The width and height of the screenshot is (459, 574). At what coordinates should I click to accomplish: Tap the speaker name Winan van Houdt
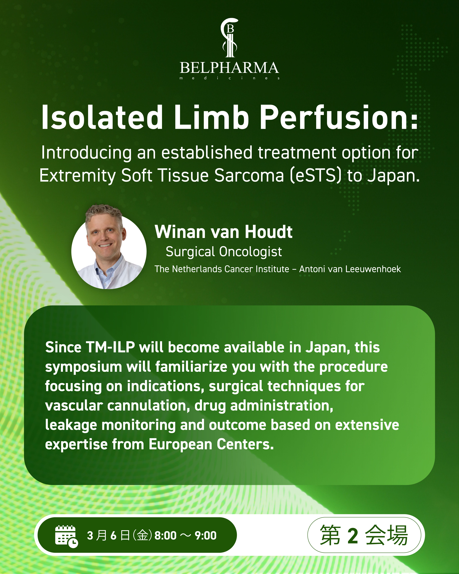point(223,232)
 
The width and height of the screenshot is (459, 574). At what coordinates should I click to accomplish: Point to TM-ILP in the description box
point(110,348)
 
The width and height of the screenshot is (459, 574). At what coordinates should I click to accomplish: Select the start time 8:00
point(166,536)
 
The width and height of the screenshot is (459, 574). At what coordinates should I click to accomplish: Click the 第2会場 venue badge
point(364,535)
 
